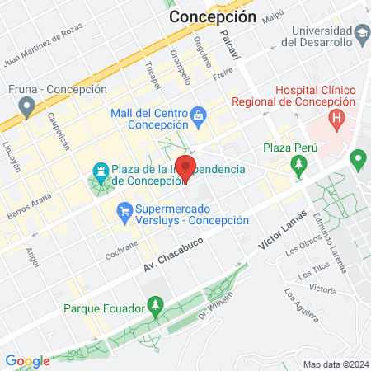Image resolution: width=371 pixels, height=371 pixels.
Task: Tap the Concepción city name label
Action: click(x=212, y=16)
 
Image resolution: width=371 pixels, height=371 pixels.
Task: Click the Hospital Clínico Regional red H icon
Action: click(x=336, y=119)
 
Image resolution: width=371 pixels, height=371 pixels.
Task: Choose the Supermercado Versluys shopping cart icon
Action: click(x=125, y=212)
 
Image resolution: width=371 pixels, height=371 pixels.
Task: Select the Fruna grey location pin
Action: click(x=27, y=105)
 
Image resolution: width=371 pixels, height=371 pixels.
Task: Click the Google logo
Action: click(x=27, y=360)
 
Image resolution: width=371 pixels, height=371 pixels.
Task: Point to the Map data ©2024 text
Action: click(x=334, y=364)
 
